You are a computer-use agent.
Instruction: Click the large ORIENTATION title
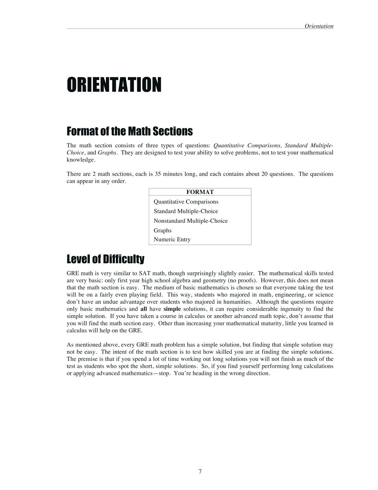pyautogui.click(x=114, y=85)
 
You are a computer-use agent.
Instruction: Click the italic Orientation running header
pyautogui.click(x=319, y=26)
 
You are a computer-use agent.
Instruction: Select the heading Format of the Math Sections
pyautogui.click(x=129, y=131)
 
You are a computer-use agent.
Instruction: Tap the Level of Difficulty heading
pyautogui.click(x=105, y=259)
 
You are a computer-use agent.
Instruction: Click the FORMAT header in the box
pyautogui.click(x=200, y=192)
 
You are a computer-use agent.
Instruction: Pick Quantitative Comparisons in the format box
pyautogui.click(x=186, y=202)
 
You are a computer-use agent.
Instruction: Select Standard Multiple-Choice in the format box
pyautogui.click(x=186, y=211)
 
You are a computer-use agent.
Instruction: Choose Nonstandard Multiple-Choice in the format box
pyautogui.click(x=191, y=221)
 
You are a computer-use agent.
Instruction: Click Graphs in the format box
pyautogui.click(x=162, y=230)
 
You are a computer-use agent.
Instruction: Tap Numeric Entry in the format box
pyautogui.click(x=172, y=239)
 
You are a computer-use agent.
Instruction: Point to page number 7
pyautogui.click(x=200, y=471)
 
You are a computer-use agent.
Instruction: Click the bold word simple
pyautogui.click(x=172, y=309)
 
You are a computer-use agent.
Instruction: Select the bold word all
pyautogui.click(x=143, y=309)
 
